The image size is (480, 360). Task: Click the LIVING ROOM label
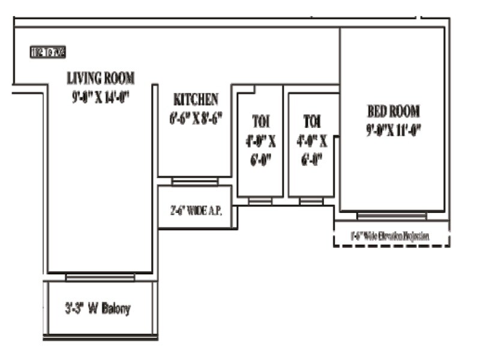tap(100, 78)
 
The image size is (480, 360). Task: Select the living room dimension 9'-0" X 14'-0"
tap(100, 96)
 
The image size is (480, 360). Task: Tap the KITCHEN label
tap(196, 99)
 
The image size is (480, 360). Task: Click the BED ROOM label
tap(393, 112)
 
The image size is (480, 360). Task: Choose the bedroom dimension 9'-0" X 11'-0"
tap(393, 130)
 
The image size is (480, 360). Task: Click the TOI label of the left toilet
tap(260, 121)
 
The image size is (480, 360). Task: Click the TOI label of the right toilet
tap(311, 121)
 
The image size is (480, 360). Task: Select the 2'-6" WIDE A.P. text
tap(195, 211)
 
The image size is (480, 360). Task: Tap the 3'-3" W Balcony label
tap(98, 310)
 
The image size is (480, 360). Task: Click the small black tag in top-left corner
tap(47, 52)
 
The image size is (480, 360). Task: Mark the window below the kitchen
tap(195, 181)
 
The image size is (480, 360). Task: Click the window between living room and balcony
tap(100, 277)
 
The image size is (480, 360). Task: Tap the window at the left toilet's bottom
tap(260, 201)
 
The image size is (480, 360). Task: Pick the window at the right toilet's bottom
tap(311, 201)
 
